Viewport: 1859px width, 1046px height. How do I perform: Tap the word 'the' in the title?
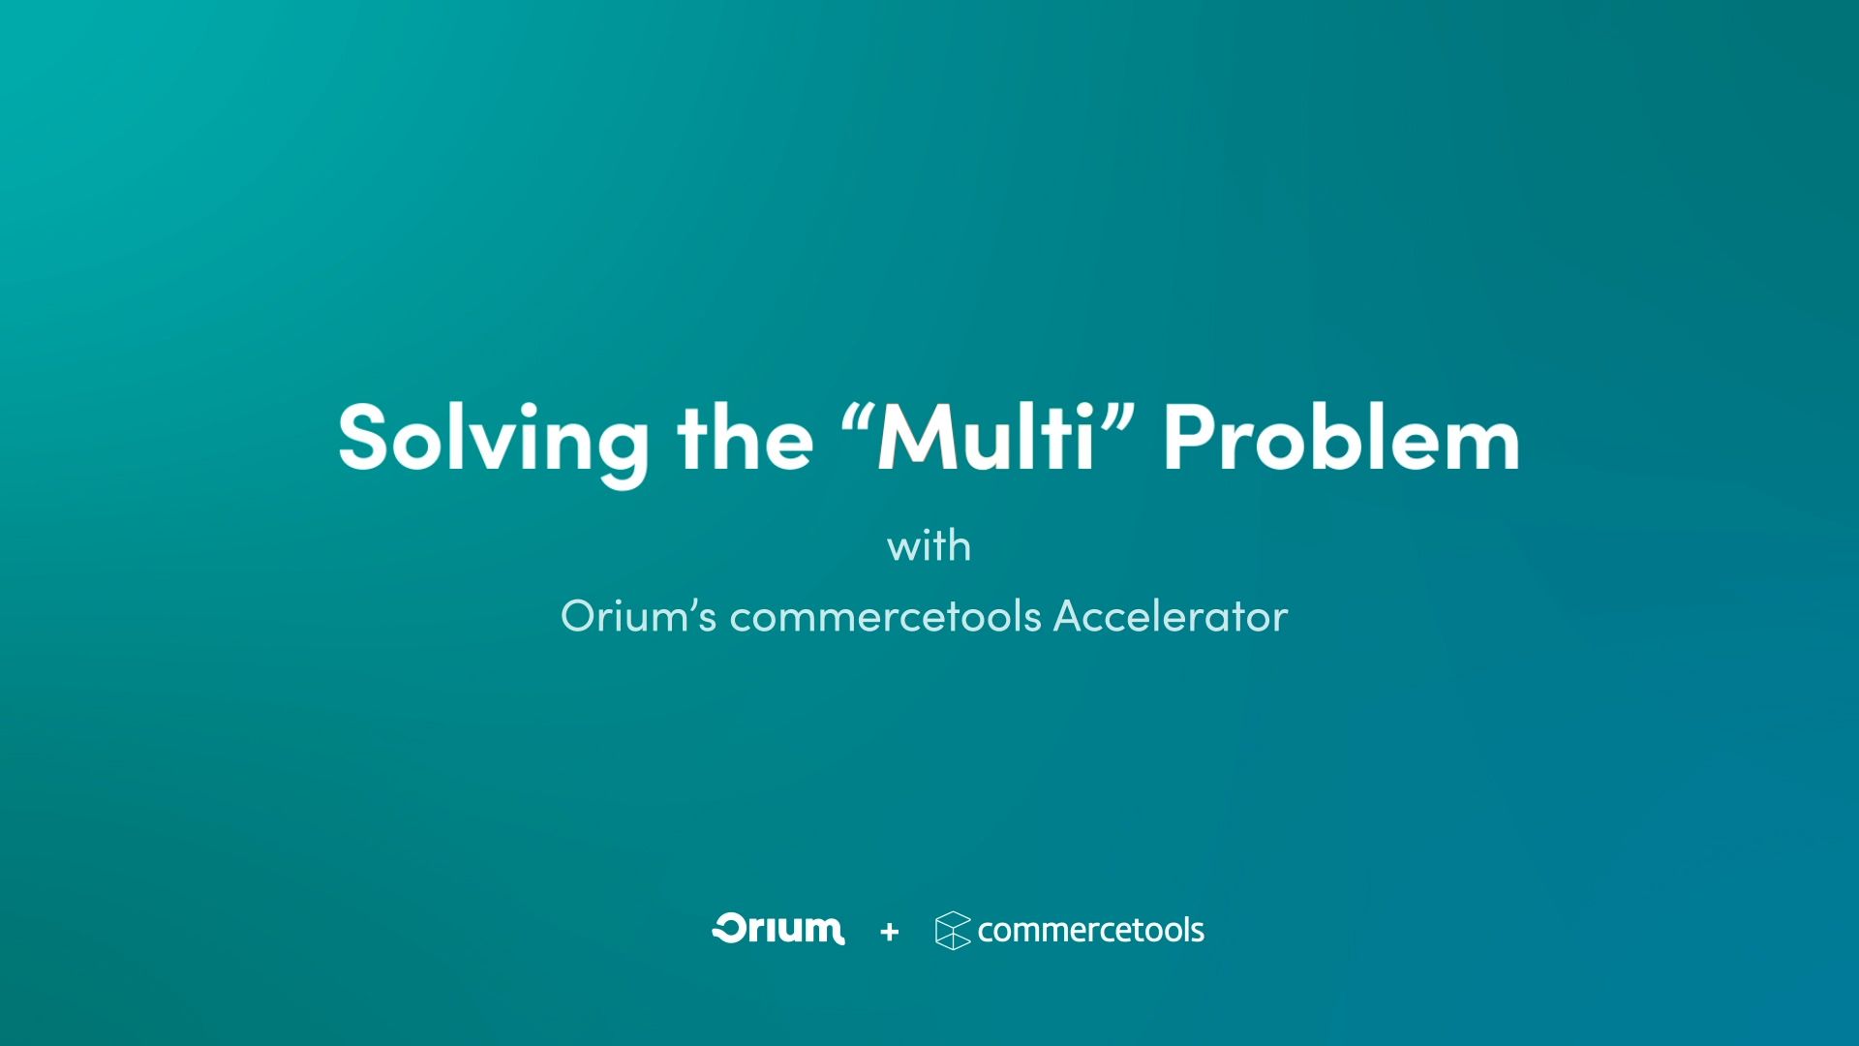[746, 438]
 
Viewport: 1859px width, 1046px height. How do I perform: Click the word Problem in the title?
[1341, 438]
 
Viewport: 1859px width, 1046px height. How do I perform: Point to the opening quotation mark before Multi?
[857, 415]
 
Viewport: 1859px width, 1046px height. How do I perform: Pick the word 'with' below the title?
[929, 546]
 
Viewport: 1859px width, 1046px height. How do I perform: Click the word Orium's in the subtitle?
[638, 617]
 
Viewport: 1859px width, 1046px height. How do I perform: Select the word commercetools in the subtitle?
[885, 617]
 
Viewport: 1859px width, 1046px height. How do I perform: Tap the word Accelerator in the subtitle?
[1171, 617]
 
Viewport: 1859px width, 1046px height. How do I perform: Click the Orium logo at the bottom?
[778, 929]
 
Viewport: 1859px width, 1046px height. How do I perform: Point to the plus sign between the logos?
[890, 932]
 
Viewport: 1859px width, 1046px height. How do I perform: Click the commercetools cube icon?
[953, 931]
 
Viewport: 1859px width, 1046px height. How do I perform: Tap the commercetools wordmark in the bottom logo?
[1090, 931]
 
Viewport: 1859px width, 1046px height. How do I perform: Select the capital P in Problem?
[1187, 438]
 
